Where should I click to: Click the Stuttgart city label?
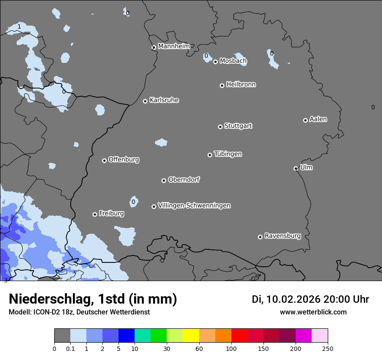tap(238, 126)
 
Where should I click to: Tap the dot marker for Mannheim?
tap(154, 48)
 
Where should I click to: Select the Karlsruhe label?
tap(164, 100)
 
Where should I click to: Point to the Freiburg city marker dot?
tap(95, 214)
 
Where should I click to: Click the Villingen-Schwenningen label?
tap(194, 206)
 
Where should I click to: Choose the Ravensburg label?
tap(283, 236)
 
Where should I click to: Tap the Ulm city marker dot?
tap(296, 168)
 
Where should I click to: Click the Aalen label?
tap(318, 119)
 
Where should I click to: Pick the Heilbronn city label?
tap(241, 85)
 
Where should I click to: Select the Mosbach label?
tap(233, 61)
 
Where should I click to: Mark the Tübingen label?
tap(228, 154)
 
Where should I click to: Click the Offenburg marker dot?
tap(104, 160)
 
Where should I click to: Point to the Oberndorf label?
tap(184, 180)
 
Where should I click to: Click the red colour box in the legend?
tap(239, 335)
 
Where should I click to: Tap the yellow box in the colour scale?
tap(191, 335)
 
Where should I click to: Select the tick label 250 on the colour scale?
tap(327, 348)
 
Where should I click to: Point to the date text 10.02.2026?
tap(293, 299)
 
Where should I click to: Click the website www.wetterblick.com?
tap(313, 312)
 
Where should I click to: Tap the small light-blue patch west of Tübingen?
tap(161, 142)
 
